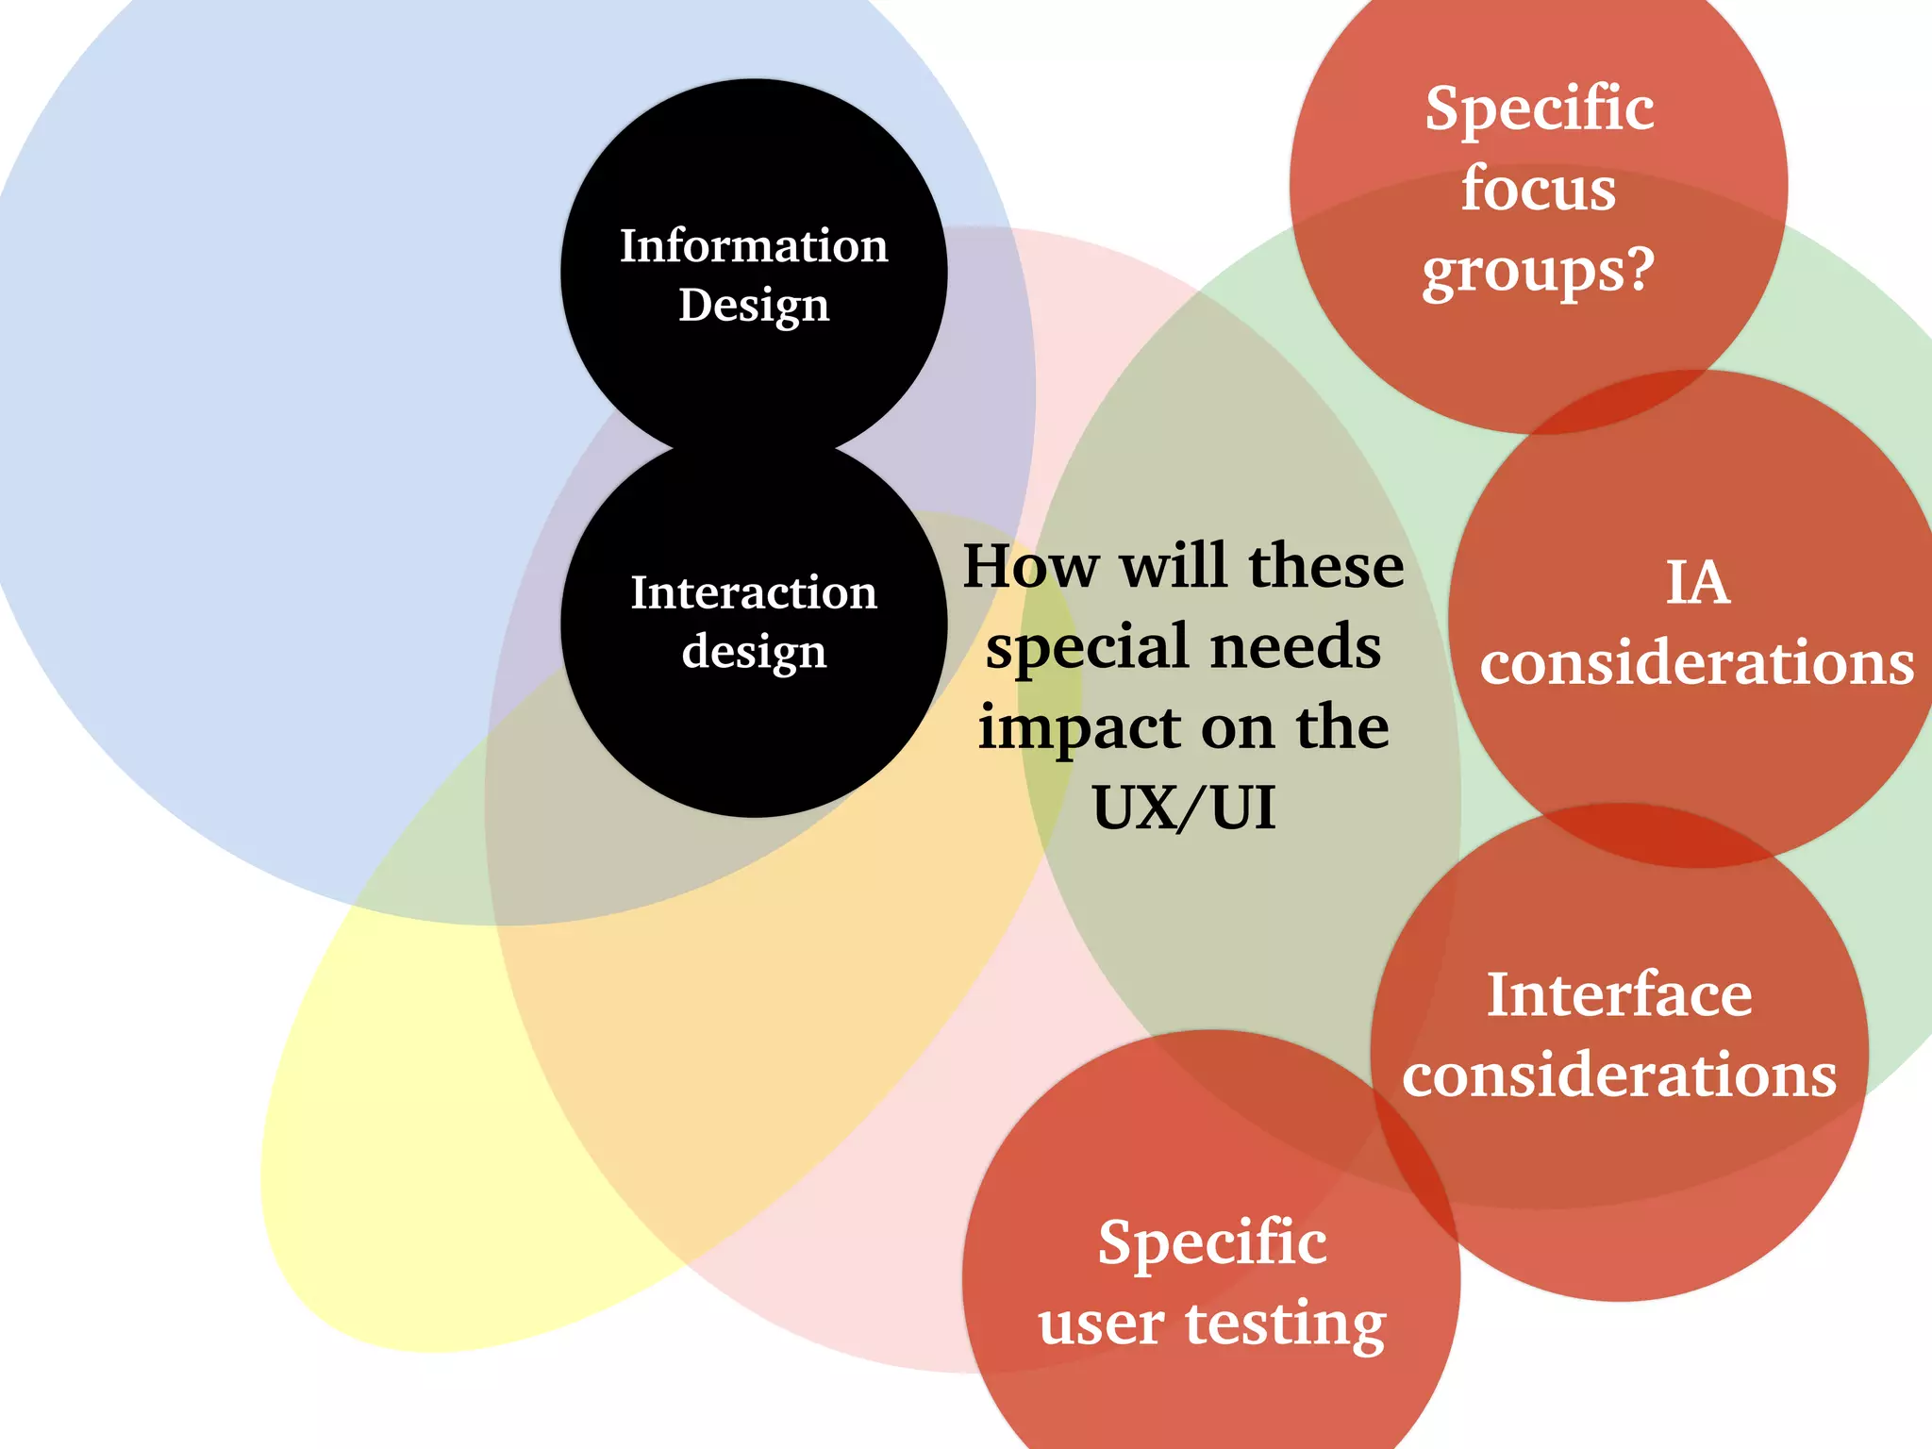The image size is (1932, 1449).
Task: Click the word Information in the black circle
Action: click(754, 246)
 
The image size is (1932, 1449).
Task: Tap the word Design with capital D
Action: click(754, 306)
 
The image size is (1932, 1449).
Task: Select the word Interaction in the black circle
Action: click(754, 593)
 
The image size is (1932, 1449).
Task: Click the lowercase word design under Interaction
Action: click(754, 652)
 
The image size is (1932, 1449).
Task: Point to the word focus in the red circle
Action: click(1539, 189)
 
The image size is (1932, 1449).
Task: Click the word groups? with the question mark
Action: click(1539, 272)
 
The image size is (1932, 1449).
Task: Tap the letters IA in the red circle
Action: click(1697, 582)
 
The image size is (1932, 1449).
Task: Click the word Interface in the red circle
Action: click(1620, 994)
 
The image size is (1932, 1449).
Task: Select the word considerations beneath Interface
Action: click(1620, 1074)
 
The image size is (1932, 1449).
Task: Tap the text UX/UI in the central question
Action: click(1184, 808)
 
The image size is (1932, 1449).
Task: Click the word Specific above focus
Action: click(1539, 108)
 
